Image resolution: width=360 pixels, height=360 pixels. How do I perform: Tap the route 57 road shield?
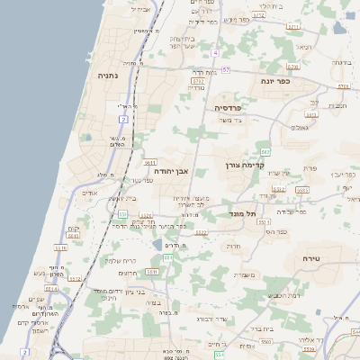click(x=226, y=69)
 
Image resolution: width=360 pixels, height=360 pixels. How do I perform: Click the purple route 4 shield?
click(x=216, y=53)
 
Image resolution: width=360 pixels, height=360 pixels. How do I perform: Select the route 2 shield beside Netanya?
click(x=123, y=119)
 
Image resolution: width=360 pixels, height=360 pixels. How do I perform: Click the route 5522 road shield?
click(x=202, y=233)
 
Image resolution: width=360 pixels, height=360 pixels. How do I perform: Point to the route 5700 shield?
click(x=198, y=81)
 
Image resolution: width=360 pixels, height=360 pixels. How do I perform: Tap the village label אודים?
click(x=87, y=193)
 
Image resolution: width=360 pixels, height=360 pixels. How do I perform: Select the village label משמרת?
click(x=244, y=274)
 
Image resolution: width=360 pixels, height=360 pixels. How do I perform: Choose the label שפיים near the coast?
click(x=37, y=299)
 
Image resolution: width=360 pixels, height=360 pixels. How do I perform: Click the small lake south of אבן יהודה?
click(x=158, y=244)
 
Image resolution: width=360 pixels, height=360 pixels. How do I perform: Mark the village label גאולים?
click(x=301, y=127)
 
